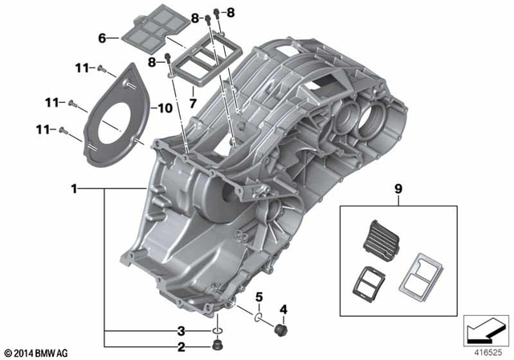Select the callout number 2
click(x=182, y=347)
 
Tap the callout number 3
click(x=182, y=330)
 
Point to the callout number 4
click(x=282, y=309)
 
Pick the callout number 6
click(x=102, y=38)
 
